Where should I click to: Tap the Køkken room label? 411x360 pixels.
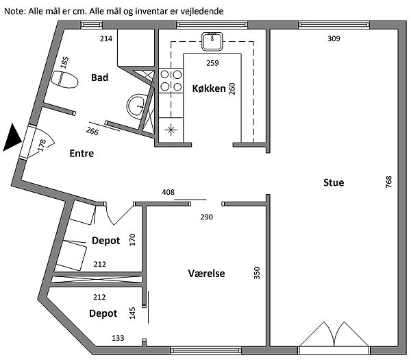(209, 88)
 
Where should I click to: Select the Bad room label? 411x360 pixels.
(99, 77)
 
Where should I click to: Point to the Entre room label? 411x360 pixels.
(82, 154)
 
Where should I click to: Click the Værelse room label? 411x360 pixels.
(207, 274)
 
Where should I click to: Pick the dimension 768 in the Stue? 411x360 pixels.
(389, 182)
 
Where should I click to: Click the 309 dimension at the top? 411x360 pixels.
(334, 38)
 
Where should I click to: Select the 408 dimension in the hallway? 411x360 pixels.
(167, 193)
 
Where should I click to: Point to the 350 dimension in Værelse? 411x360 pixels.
(258, 273)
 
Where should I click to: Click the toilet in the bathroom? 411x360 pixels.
(66, 80)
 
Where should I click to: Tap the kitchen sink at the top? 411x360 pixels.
(212, 42)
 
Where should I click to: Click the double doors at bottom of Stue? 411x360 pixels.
(334, 336)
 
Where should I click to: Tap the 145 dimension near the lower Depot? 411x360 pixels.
(133, 313)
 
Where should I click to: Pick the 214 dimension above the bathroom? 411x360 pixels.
(106, 38)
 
